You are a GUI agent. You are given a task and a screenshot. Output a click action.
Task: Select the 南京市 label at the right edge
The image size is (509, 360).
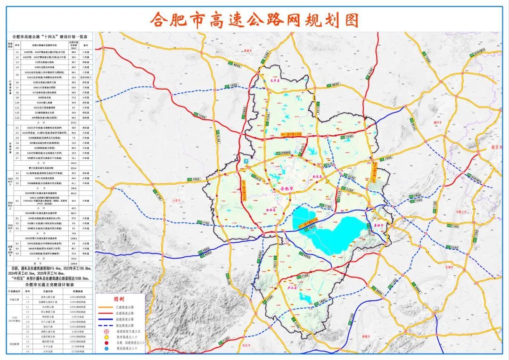coord(497,147)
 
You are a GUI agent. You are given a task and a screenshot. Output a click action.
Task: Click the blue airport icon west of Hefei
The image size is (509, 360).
coord(247,162)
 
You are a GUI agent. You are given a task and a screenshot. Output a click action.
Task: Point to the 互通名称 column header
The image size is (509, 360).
coord(49,291)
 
